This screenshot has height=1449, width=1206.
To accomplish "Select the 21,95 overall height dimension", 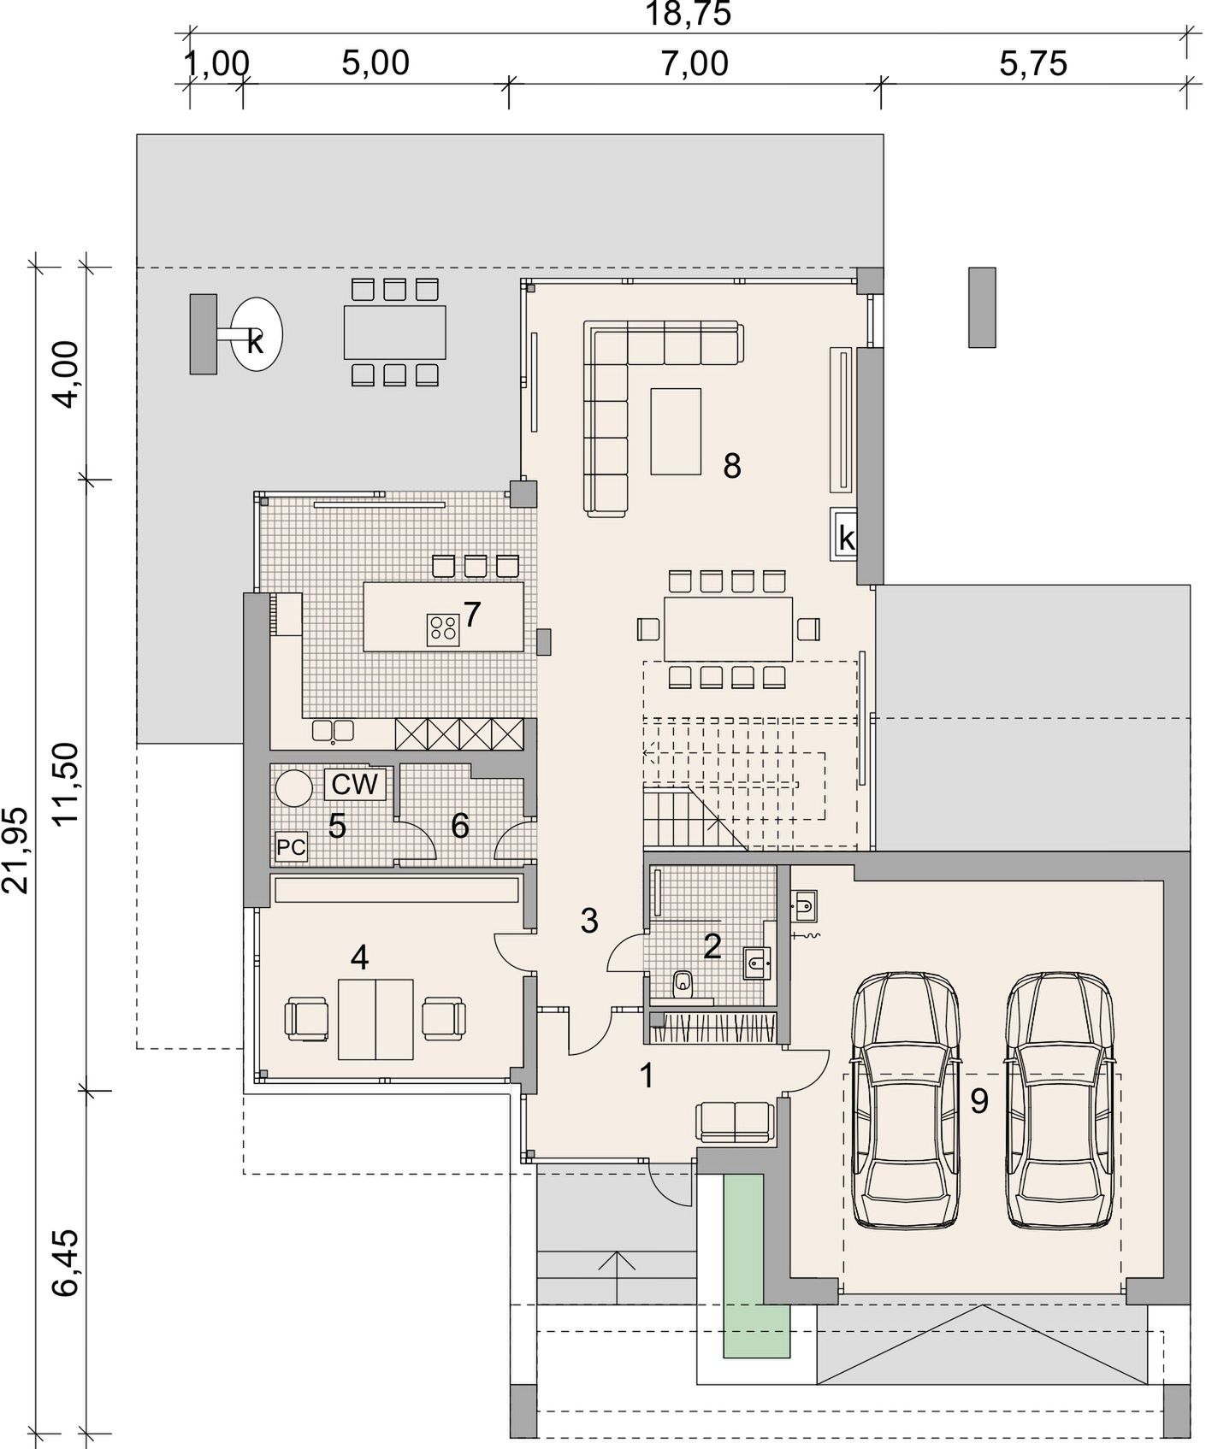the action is pyautogui.click(x=16, y=850).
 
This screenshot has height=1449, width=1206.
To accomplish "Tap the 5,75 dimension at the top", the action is pyautogui.click(x=1033, y=63).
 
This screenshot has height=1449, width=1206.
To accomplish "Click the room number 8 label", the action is pyautogui.click(x=731, y=466).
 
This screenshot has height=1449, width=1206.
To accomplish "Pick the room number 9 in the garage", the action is pyautogui.click(x=979, y=1101).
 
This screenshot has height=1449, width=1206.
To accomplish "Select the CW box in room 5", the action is pyautogui.click(x=355, y=784).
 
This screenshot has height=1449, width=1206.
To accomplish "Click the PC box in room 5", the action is pyautogui.click(x=291, y=848).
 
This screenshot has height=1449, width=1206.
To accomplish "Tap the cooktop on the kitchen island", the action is pyautogui.click(x=443, y=630).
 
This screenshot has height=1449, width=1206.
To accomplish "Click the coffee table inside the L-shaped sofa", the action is pyautogui.click(x=676, y=431).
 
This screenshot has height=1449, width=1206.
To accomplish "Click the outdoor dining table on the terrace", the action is pyautogui.click(x=395, y=332).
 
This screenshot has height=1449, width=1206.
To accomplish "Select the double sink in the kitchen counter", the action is pyautogui.click(x=333, y=730).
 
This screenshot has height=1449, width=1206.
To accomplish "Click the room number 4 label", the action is pyautogui.click(x=359, y=958).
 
